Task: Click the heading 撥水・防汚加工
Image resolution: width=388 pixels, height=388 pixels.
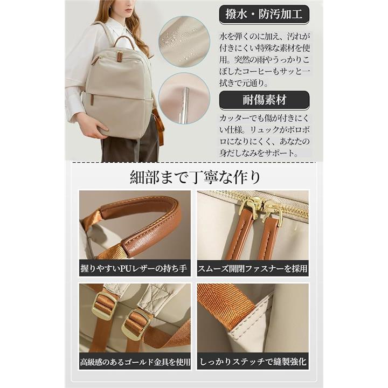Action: click(264, 14)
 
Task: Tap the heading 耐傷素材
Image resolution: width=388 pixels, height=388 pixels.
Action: click(264, 100)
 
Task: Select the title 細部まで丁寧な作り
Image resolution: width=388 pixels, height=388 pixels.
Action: click(195, 177)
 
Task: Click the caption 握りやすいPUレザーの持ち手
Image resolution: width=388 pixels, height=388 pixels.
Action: click(134, 268)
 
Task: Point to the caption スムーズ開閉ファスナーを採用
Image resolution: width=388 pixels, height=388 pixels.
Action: click(253, 268)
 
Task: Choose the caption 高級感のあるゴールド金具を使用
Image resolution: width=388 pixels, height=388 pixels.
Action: click(135, 362)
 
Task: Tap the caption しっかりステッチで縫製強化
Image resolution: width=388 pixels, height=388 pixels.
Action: click(253, 362)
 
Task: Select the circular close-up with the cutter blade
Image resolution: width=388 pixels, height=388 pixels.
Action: click(184, 98)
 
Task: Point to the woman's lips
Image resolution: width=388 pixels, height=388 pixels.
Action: click(128, 10)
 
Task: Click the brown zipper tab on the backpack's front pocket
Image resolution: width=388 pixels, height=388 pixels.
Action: click(92, 100)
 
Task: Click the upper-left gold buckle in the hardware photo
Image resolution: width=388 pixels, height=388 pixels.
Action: click(104, 306)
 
